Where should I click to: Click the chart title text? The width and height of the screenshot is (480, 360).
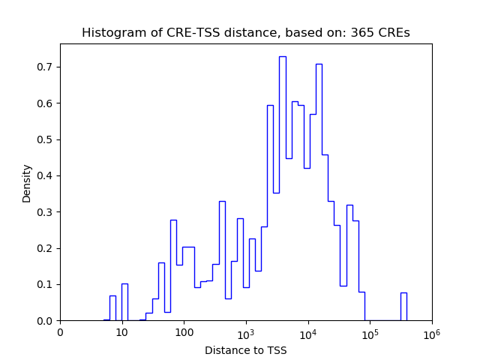(245, 33)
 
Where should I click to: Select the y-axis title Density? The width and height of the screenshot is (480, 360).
(27, 182)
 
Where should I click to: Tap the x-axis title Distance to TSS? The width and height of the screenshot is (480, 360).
(245, 350)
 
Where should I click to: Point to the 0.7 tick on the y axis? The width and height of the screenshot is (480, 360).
(45, 67)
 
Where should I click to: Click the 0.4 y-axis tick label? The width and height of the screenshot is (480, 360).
(45, 175)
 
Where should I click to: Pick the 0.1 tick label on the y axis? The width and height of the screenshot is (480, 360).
(45, 284)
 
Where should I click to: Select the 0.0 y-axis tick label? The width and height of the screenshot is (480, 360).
(45, 321)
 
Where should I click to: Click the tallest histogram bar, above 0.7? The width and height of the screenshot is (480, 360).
(282, 187)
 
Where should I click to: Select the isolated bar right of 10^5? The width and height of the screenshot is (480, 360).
(403, 307)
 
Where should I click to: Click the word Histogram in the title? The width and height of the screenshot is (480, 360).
(109, 33)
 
